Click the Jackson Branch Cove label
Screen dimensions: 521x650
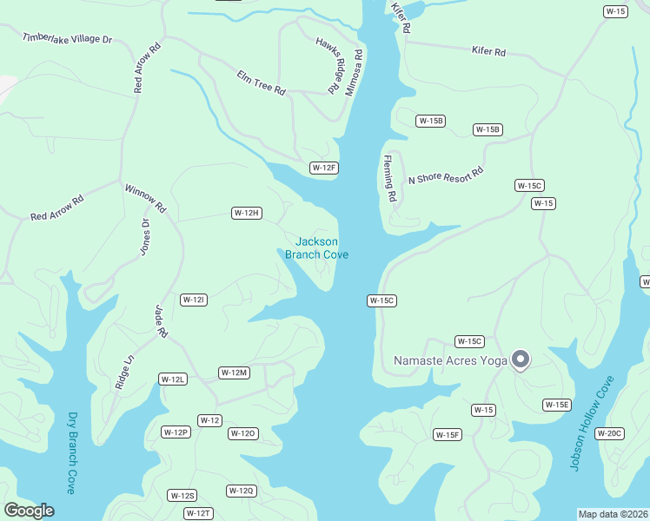(x=316, y=247)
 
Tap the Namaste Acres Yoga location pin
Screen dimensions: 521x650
(x=521, y=359)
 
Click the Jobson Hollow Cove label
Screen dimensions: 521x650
(x=592, y=423)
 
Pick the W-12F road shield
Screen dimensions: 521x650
(x=323, y=168)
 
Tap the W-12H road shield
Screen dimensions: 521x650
(x=246, y=213)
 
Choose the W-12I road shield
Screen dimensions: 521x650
(x=193, y=300)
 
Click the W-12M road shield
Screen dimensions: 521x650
(x=234, y=373)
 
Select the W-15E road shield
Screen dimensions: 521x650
(x=557, y=405)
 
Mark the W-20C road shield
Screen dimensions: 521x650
(x=611, y=433)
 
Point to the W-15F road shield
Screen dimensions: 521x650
(x=448, y=434)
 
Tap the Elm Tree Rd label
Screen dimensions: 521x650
(x=262, y=83)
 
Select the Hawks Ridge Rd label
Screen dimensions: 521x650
(x=327, y=66)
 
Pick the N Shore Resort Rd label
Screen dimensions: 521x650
(x=445, y=176)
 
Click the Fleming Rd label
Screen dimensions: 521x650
(x=390, y=179)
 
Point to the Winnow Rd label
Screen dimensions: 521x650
(x=145, y=198)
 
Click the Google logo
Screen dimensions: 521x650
(x=30, y=511)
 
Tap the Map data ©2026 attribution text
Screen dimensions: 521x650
(x=613, y=514)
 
